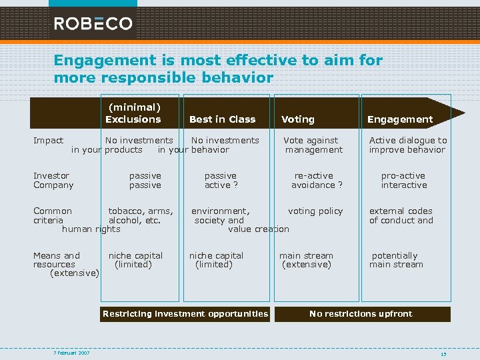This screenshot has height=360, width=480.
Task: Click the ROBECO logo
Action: click(x=93, y=23)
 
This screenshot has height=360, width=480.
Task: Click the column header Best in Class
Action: click(x=222, y=119)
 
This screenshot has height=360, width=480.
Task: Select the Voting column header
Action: click(x=297, y=119)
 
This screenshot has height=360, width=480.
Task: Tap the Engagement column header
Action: click(x=400, y=119)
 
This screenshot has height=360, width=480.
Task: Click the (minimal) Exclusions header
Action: click(x=133, y=113)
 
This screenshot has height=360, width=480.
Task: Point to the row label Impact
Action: click(x=48, y=141)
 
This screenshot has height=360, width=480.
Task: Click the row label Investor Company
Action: click(x=53, y=181)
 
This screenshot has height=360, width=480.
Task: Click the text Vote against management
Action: click(x=311, y=145)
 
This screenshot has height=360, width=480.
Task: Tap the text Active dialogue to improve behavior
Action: click(x=408, y=145)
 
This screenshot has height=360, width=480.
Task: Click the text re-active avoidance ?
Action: click(x=315, y=181)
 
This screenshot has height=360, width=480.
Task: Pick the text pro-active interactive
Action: click(x=403, y=181)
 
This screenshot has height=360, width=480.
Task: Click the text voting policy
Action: click(x=315, y=211)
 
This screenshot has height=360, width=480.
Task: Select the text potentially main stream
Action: click(x=396, y=260)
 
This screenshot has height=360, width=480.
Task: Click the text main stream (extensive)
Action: click(x=306, y=260)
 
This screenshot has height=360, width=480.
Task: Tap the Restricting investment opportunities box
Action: click(x=185, y=314)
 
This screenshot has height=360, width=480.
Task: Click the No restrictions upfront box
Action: click(x=361, y=314)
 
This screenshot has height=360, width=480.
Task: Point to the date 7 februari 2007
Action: click(x=72, y=353)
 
